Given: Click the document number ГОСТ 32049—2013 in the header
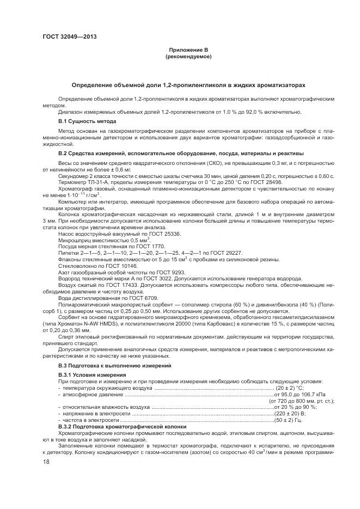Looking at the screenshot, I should (x=67, y=36).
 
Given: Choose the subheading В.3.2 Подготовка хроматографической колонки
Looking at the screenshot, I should (x=123, y=427).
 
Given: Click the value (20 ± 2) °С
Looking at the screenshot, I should (x=290, y=388).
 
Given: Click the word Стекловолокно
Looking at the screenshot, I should (x=75, y=266).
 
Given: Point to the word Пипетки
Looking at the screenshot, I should (x=69, y=253).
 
